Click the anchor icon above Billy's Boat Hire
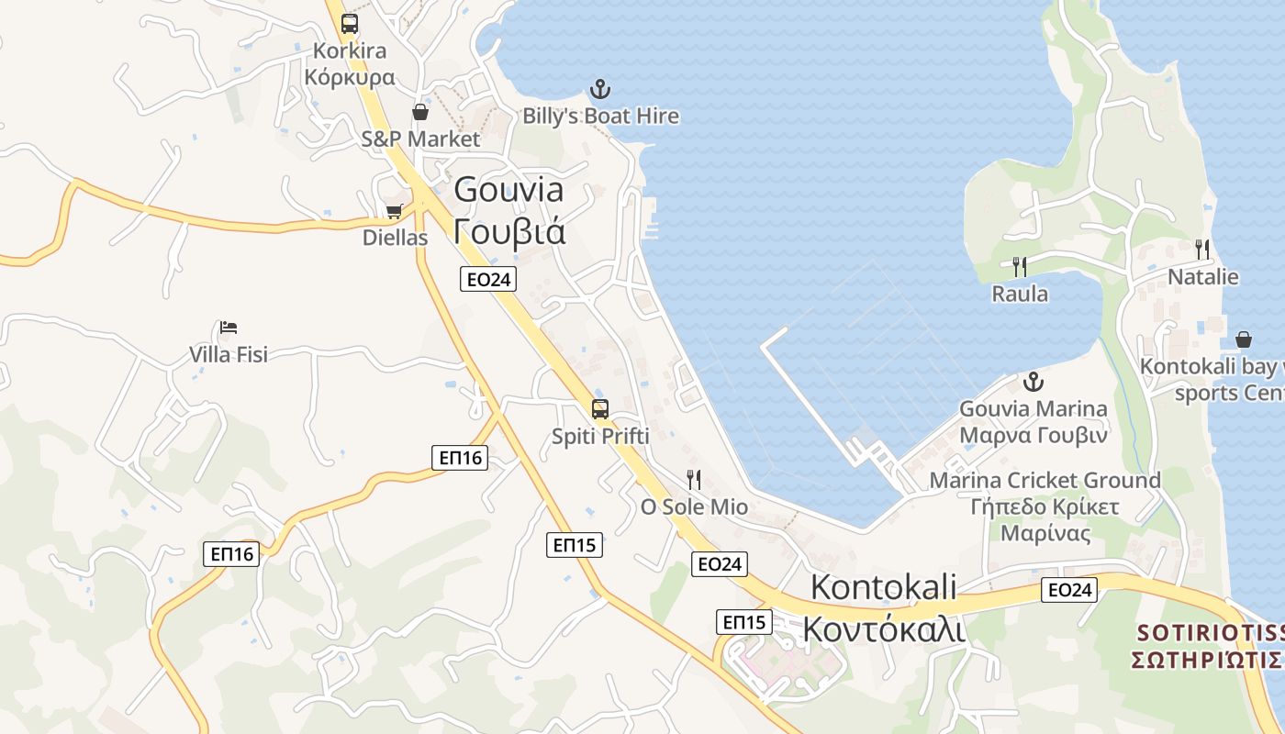tap(599, 89)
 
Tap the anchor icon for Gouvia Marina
tap(1034, 382)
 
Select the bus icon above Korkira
tap(350, 24)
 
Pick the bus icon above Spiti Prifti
tap(599, 409)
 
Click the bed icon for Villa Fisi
tap(229, 328)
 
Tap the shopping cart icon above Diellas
tap(395, 212)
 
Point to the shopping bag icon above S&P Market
tap(419, 112)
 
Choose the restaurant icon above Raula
tap(1019, 267)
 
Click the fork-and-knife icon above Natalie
tap(1202, 249)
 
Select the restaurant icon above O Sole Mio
tap(694, 480)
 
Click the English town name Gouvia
tap(509, 190)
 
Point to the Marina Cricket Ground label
tap(1045, 480)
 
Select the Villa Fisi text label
tap(229, 354)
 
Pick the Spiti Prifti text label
tap(600, 437)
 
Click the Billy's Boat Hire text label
tap(601, 116)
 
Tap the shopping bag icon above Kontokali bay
tap(1244, 339)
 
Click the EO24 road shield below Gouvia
tap(487, 280)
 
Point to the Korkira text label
tap(350, 50)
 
